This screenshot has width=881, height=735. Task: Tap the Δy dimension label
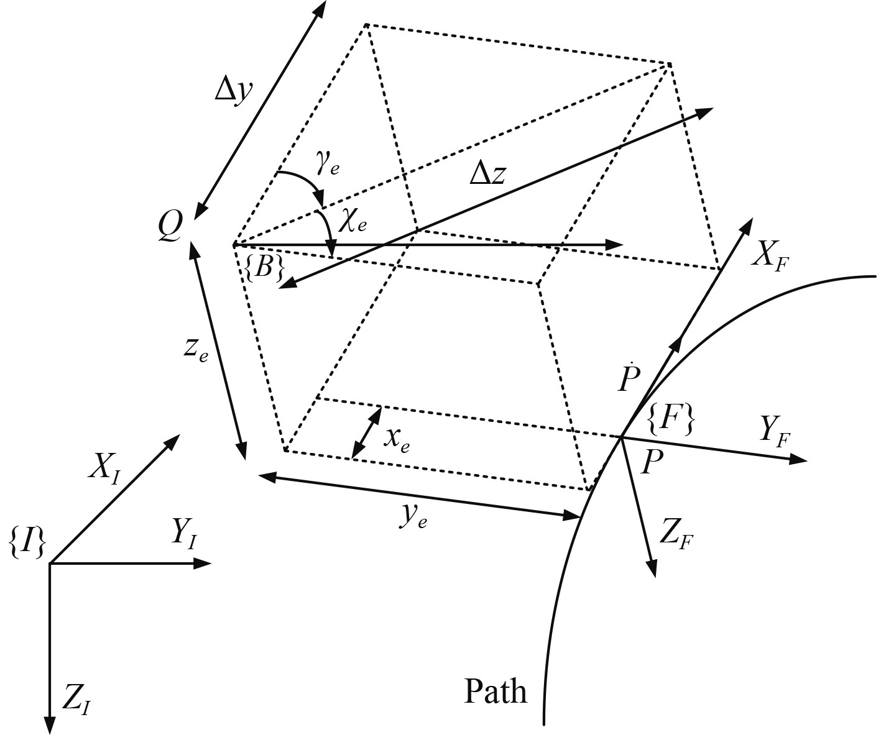234,91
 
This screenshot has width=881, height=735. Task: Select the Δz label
487,176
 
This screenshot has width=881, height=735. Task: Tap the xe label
396,439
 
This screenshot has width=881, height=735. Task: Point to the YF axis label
775,431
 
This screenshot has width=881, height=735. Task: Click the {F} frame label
671,421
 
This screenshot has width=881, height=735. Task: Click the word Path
496,691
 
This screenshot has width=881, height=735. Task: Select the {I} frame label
27,543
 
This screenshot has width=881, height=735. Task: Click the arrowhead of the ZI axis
49,726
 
